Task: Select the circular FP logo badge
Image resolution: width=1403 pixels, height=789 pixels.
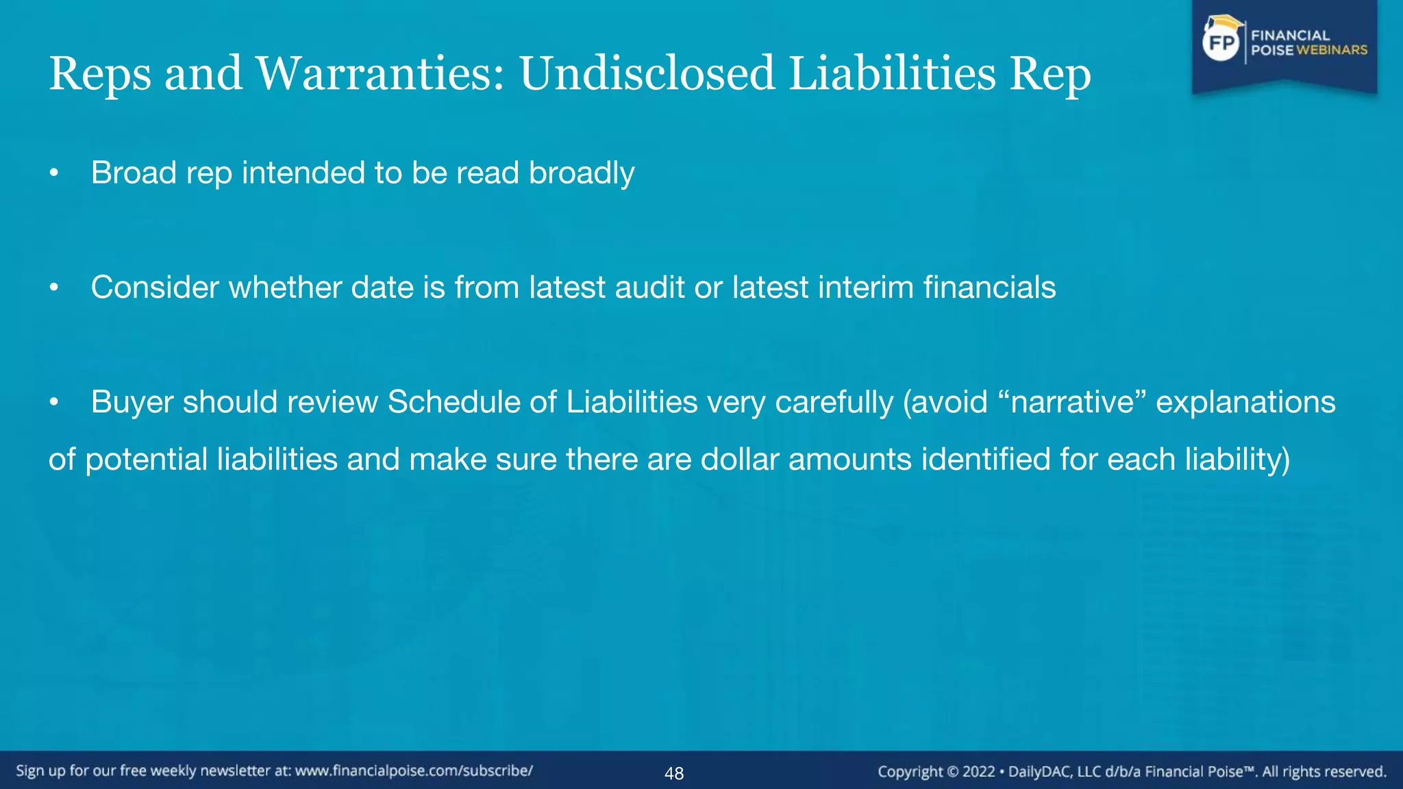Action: tap(1221, 42)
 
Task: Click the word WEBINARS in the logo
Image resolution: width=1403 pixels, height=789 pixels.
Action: tap(1332, 50)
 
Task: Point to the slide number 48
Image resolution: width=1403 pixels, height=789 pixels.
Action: tap(674, 773)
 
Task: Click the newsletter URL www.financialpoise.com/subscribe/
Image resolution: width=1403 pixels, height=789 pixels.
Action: tap(414, 771)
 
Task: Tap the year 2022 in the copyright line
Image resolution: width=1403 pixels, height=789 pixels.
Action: tap(978, 772)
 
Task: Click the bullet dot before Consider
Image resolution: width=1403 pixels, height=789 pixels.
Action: tap(54, 288)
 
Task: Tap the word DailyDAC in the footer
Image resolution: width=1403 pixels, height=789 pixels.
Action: tap(1039, 772)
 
